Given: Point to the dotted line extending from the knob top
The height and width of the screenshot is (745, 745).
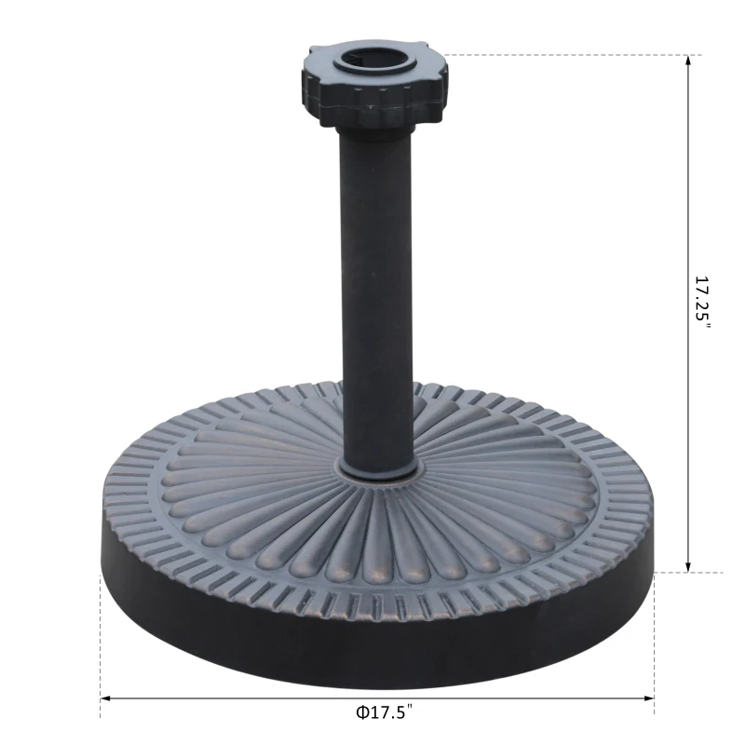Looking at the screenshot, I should pyautogui.click(x=559, y=55).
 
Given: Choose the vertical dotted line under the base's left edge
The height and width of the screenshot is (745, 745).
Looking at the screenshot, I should pyautogui.click(x=101, y=652).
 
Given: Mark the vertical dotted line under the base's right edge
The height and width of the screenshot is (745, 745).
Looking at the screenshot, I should pyautogui.click(x=654, y=652).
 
